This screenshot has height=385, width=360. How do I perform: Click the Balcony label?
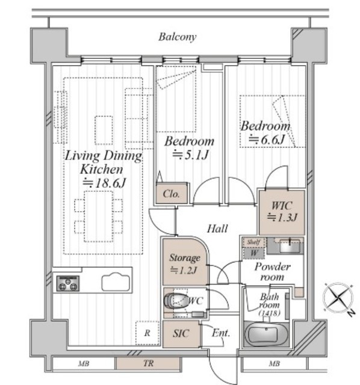tap(177, 37)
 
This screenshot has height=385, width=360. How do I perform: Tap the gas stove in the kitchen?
tap(68, 283)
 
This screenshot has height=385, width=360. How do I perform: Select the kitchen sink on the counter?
tap(116, 282)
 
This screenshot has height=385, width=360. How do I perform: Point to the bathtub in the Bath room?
tap(266, 334)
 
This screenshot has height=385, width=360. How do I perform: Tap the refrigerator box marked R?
tap(147, 333)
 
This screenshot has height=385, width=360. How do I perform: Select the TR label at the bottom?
tap(149, 363)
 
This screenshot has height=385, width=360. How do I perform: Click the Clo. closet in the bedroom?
tap(172, 193)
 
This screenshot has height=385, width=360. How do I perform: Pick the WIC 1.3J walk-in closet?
tap(282, 212)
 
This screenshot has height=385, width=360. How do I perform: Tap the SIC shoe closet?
tap(181, 333)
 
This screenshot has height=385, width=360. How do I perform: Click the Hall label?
tap(217, 229)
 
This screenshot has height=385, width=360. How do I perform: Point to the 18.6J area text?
tap(104, 183)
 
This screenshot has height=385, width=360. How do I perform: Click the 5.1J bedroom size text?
tap(191, 155)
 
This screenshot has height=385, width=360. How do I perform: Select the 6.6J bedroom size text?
tap(266, 140)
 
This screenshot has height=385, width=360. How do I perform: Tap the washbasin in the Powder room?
tap(290, 245)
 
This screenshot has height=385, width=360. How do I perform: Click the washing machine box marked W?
tap(254, 253)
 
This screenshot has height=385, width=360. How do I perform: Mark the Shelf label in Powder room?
tap(253, 242)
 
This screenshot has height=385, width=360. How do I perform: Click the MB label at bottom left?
tap(84, 363)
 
